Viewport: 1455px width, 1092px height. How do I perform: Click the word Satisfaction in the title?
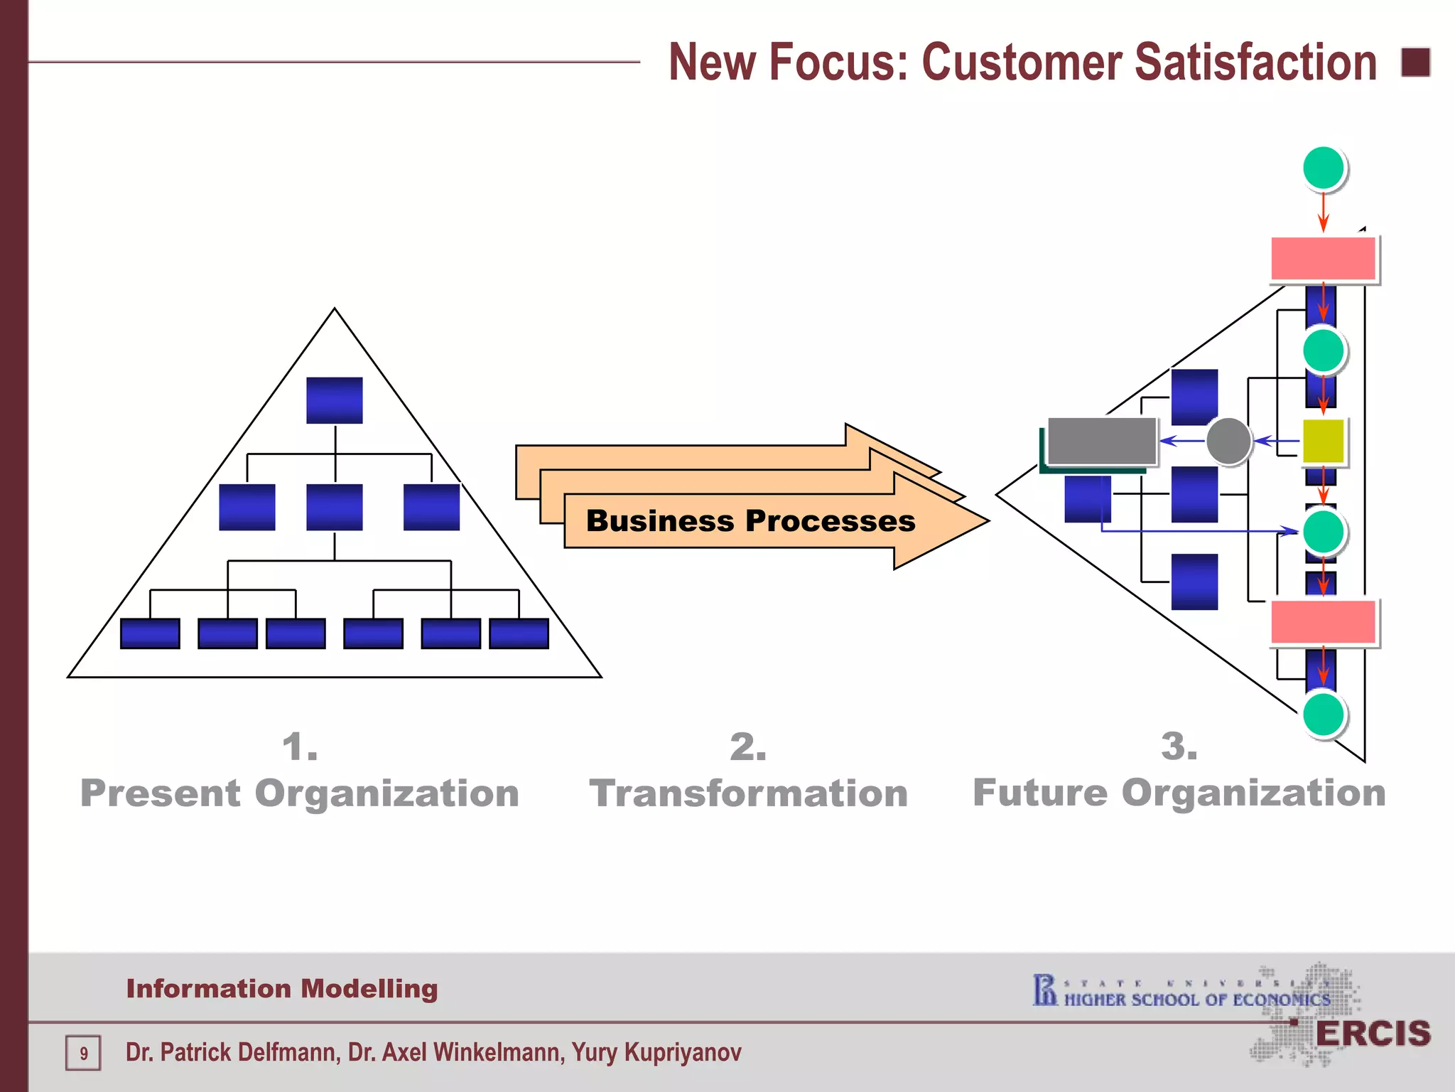1255,63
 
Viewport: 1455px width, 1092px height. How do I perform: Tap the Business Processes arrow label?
750,521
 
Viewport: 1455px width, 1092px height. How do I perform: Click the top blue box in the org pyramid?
335,400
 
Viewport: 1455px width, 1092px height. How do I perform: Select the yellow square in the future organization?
1323,441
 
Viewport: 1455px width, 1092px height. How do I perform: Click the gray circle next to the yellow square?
1228,441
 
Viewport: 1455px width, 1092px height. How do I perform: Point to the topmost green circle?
1324,168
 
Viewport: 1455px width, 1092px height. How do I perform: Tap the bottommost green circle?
1324,714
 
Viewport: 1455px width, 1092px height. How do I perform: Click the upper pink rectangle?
1323,259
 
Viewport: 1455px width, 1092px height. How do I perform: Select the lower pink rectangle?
1323,622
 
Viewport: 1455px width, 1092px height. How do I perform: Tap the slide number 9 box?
84,1053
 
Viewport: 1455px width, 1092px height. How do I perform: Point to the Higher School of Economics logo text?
1196,1000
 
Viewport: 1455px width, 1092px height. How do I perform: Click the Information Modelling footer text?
282,989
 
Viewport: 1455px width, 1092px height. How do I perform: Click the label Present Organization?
300,793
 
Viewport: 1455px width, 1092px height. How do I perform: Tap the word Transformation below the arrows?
749,793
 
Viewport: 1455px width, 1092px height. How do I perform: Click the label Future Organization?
1179,793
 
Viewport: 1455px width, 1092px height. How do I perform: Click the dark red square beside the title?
1415,63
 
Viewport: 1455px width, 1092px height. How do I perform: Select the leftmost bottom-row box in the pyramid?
150,633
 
